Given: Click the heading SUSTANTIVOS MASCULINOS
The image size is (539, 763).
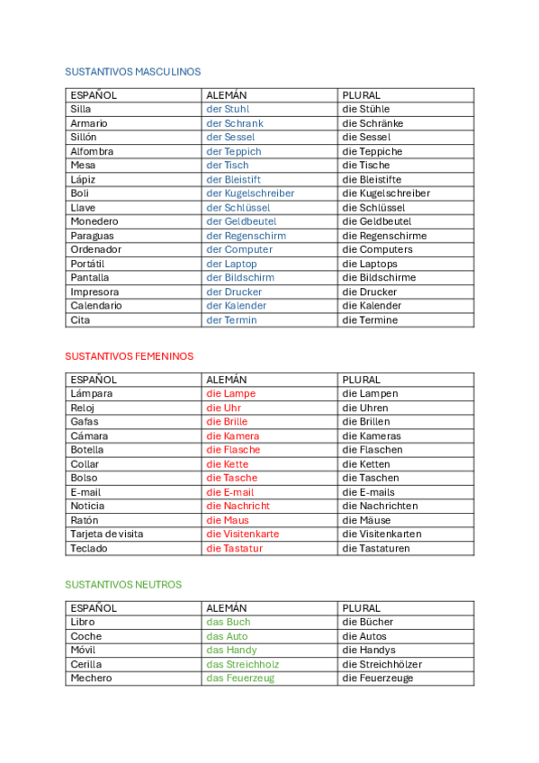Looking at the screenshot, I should [133, 72].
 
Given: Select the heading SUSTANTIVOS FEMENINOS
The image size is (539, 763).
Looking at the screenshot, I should [129, 356].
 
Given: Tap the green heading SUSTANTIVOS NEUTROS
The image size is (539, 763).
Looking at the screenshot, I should [123, 585].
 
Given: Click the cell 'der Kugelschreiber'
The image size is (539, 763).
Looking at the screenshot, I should [250, 193].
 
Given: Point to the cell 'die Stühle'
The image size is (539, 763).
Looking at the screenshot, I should [365, 109].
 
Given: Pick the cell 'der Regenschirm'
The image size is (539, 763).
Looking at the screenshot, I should [246, 236].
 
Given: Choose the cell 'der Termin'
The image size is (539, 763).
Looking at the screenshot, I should [231, 319].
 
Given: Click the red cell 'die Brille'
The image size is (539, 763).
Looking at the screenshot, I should [227, 421].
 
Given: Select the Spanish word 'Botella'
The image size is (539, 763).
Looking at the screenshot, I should [87, 450].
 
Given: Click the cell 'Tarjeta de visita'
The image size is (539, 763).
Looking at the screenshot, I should [107, 534].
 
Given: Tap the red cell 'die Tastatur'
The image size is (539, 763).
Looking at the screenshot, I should [234, 548].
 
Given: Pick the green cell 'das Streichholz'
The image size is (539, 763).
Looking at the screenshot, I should [243, 664].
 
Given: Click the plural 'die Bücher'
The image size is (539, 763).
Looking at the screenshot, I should [367, 622].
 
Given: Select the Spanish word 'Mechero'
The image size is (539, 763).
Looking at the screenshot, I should [91, 678].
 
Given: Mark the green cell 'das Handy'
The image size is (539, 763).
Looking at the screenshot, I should [231, 650].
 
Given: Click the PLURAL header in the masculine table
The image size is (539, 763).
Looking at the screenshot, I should [361, 94].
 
